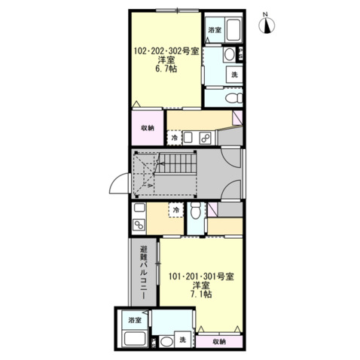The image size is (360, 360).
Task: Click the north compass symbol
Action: tap(267, 24)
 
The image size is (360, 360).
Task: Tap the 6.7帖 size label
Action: tap(166, 69)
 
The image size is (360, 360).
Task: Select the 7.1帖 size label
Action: tap(201, 294)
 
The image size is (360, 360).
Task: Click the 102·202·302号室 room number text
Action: tap(166, 51)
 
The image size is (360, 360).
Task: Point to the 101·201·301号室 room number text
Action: tap(201, 276)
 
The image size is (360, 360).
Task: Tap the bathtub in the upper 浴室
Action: tap(233, 29)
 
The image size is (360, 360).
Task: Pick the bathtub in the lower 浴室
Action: tap(135, 338)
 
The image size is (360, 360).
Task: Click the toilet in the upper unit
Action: tap(234, 98)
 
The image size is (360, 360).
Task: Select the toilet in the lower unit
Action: tap(196, 210)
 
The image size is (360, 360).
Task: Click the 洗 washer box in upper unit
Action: tap(234, 75)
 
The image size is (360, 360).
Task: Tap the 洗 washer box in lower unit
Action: tap(183, 340)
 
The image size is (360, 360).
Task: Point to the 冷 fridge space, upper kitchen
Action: tap(174, 138)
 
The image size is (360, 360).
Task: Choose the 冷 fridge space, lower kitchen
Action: tap(176, 209)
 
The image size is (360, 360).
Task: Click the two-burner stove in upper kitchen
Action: tap(206, 138)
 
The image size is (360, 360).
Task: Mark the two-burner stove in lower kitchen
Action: tap(139, 225)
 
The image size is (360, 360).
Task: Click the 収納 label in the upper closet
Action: tap(148, 128)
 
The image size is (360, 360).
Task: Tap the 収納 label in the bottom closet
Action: tap(219, 341)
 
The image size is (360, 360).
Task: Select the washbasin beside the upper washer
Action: tap(229, 54)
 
